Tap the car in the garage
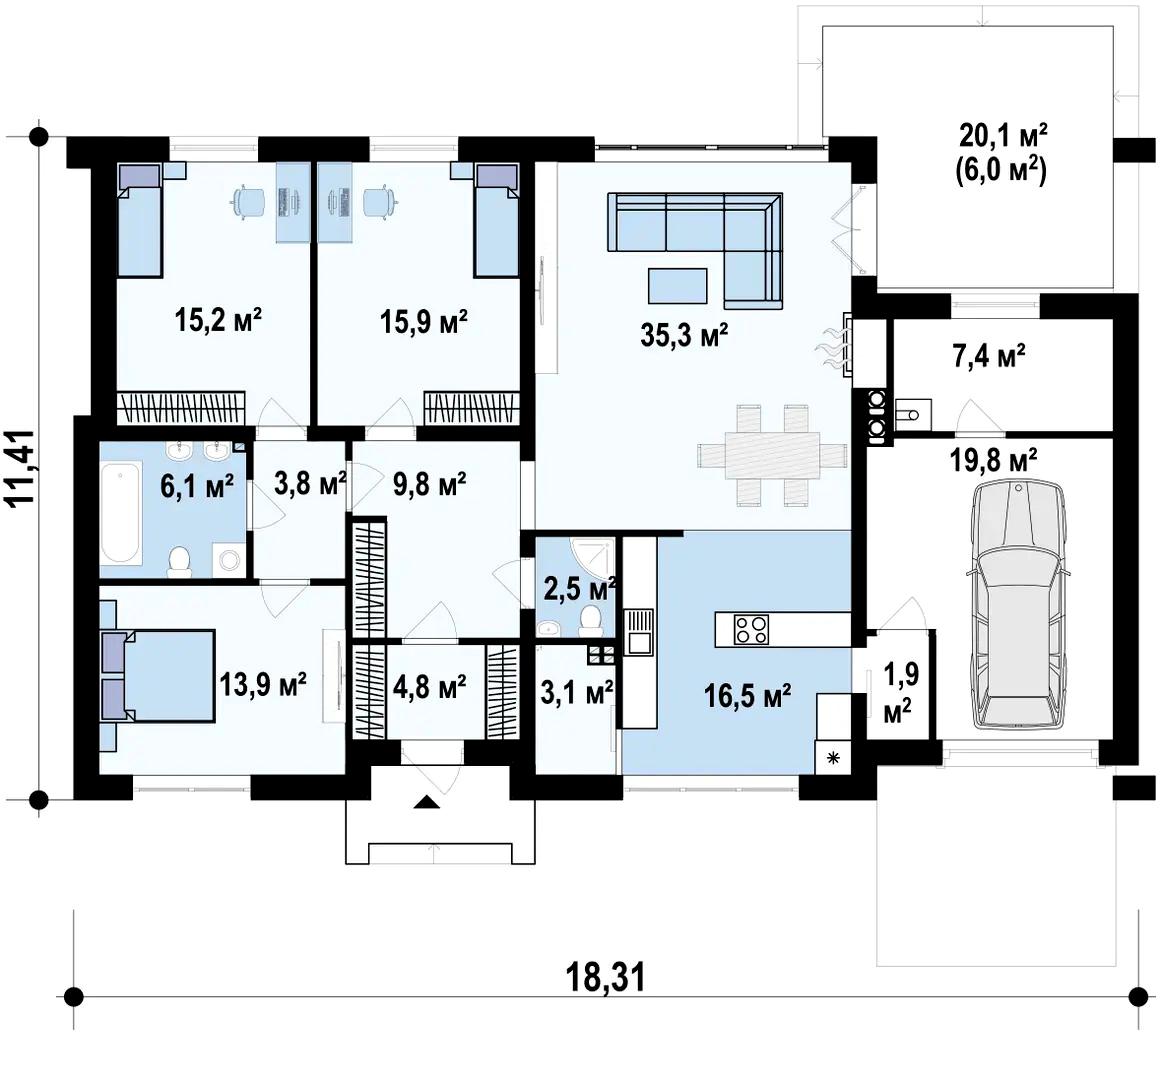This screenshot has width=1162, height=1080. pyautogui.click(x=1019, y=605)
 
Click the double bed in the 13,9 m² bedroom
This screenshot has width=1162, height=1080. pyautogui.click(x=157, y=675)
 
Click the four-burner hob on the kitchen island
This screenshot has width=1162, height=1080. pyautogui.click(x=751, y=629)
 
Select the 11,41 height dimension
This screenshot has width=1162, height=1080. pyautogui.click(x=21, y=467)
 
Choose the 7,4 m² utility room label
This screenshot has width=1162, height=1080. pyautogui.click(x=989, y=356)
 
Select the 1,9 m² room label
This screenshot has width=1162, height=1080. pyautogui.click(x=901, y=692)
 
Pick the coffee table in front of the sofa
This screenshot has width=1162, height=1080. pyautogui.click(x=677, y=285)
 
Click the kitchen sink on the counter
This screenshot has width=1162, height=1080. pyautogui.click(x=639, y=631)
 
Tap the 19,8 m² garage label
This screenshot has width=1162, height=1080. pyautogui.click(x=994, y=460)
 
